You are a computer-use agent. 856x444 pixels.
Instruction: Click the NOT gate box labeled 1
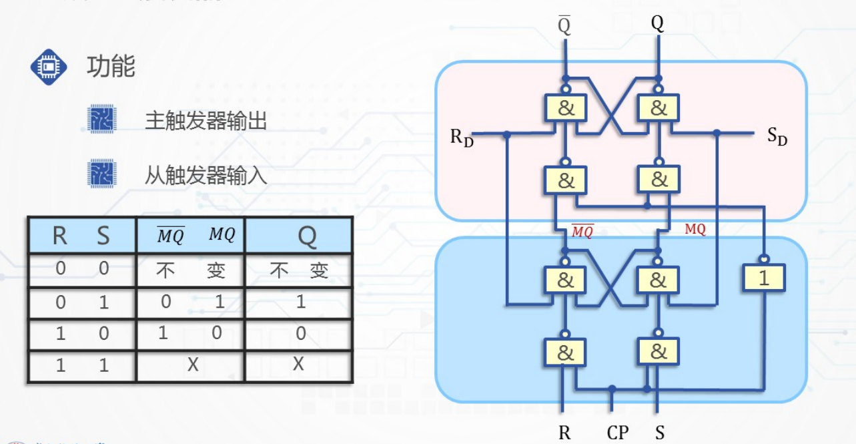tap(763, 278)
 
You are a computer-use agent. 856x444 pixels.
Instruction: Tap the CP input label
tap(617, 433)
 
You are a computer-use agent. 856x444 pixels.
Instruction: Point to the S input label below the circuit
tap(659, 433)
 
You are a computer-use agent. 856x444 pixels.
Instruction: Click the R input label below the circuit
tap(564, 433)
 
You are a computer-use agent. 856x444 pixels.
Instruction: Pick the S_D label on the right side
tap(777, 138)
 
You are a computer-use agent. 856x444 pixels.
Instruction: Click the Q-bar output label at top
tap(564, 25)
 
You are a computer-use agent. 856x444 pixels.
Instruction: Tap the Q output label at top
tap(658, 24)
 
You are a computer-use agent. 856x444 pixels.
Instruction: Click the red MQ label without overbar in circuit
tap(695, 229)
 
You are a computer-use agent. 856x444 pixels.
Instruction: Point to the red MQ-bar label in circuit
tap(582, 232)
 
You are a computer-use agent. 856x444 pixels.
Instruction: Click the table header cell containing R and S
tap(81, 236)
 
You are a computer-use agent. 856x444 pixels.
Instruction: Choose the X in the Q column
tap(298, 364)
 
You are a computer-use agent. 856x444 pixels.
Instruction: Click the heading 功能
tap(111, 67)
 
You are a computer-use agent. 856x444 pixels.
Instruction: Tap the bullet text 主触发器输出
tap(205, 121)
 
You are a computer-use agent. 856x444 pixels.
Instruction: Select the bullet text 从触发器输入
tap(205, 176)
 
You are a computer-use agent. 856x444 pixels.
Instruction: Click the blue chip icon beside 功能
tap(49, 67)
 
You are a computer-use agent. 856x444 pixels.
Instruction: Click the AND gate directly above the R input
tap(564, 352)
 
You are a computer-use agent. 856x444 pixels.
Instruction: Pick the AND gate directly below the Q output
tap(658, 107)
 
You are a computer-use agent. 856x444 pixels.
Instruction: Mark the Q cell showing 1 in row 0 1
tap(300, 302)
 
